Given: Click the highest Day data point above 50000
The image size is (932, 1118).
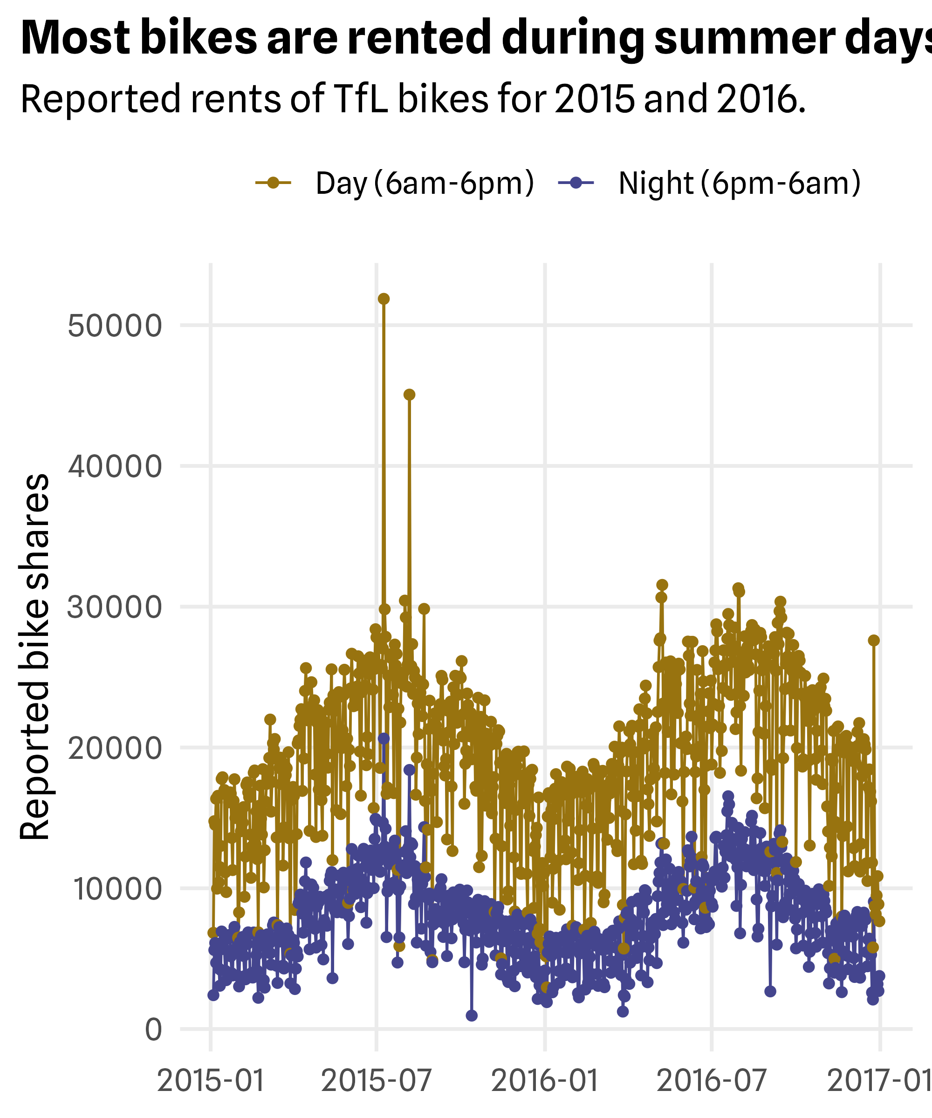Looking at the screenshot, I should [x=384, y=299].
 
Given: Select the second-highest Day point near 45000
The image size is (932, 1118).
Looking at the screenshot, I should [x=409, y=395].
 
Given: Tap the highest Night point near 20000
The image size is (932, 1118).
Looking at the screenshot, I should [x=384, y=738].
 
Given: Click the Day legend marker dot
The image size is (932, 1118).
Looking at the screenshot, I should [x=273, y=183].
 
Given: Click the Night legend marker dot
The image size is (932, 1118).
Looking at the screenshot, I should [x=576, y=183].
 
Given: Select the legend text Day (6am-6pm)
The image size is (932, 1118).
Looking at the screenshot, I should [x=425, y=184].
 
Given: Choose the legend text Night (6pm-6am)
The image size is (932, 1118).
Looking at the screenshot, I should [x=739, y=184].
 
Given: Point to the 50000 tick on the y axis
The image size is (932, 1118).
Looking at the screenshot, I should [x=115, y=325].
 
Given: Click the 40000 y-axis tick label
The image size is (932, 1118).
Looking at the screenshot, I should [x=115, y=466].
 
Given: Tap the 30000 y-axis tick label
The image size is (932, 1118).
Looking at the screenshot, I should [x=115, y=607].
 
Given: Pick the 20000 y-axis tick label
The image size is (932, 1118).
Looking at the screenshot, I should [x=115, y=748].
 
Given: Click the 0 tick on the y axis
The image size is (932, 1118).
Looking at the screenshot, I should [x=153, y=1029].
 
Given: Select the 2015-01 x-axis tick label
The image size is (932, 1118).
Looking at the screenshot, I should [x=211, y=1081].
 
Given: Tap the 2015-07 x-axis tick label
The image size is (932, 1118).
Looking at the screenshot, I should [x=377, y=1081].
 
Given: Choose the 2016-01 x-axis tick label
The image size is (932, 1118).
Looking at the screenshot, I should [x=545, y=1081].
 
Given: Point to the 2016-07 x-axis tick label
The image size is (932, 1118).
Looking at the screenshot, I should [x=712, y=1081].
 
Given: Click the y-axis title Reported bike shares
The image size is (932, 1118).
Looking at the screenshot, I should [x=34, y=657].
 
